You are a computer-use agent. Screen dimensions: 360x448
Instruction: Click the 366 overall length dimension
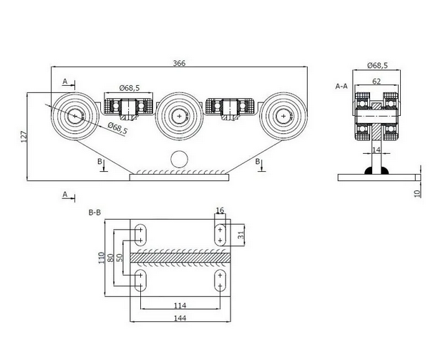[179, 64]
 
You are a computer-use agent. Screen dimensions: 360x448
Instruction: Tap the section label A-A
[341, 86]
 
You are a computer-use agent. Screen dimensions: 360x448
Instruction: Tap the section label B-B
[94, 213]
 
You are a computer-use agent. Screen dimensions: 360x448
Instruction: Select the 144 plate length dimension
[180, 320]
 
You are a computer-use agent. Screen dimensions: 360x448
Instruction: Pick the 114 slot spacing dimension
[180, 306]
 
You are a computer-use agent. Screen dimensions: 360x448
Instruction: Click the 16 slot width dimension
[220, 211]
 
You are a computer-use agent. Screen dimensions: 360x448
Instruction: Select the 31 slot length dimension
[241, 233]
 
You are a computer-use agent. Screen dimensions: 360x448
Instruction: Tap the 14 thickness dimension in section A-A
[377, 150]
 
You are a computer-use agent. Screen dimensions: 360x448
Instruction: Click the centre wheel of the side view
[178, 115]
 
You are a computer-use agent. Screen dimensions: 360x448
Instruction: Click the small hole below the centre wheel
[178, 159]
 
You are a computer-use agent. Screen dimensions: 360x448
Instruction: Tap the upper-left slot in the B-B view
[140, 234]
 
